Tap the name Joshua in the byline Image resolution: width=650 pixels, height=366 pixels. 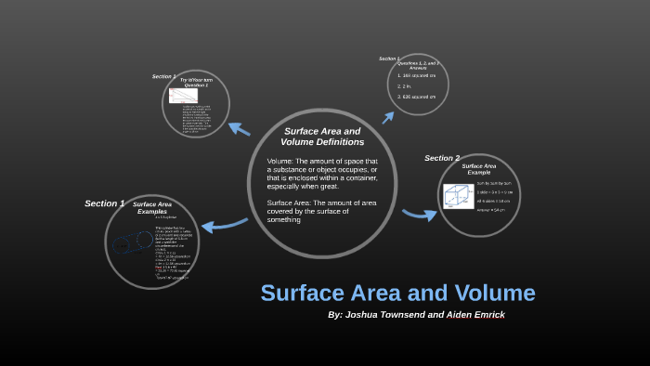369,315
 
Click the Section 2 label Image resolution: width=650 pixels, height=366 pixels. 442,158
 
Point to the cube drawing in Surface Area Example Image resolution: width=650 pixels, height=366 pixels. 456,197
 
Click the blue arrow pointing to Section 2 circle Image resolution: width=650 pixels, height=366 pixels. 420,215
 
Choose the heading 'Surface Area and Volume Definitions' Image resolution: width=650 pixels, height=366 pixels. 321,137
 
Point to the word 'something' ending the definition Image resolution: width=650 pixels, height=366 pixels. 284,219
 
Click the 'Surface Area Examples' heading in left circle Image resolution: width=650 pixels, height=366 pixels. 152,207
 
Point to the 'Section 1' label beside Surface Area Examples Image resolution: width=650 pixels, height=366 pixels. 104,203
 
